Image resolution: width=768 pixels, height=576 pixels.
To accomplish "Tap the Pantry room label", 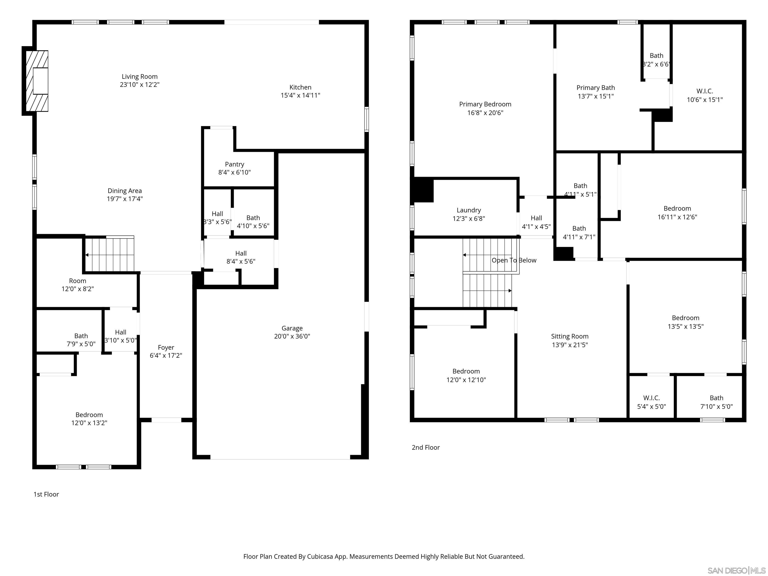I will (234, 164).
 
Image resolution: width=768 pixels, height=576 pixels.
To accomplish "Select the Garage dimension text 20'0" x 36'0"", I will (292, 336).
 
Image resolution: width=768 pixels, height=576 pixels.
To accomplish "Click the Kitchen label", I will (300, 87).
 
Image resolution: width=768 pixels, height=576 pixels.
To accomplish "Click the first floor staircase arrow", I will (87, 255).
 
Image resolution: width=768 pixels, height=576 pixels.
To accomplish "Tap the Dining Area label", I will (125, 190).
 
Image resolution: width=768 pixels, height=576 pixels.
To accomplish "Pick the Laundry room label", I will (469, 210).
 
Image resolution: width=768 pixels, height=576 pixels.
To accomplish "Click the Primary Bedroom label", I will (485, 104).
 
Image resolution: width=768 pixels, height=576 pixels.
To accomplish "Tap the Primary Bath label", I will (595, 88).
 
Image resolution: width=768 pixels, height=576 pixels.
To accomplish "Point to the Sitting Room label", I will (570, 336).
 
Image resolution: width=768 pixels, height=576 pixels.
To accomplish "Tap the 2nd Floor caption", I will (426, 447).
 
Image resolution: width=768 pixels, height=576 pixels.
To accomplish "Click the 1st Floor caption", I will (46, 494).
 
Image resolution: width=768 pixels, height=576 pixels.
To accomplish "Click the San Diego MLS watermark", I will (736, 570).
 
